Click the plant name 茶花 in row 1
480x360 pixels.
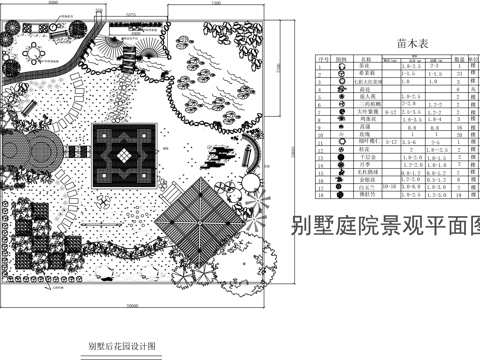pyautogui.click(x=365, y=66)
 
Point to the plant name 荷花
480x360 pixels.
pyautogui.click(x=365, y=88)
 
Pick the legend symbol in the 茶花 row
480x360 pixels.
pyautogui.click(x=341, y=66)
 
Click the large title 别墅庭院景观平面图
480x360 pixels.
pyautogui.click(x=385, y=226)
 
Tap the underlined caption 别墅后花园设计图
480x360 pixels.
pyautogui.click(x=121, y=347)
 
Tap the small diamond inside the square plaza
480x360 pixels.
pyautogui.click(x=123, y=155)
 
